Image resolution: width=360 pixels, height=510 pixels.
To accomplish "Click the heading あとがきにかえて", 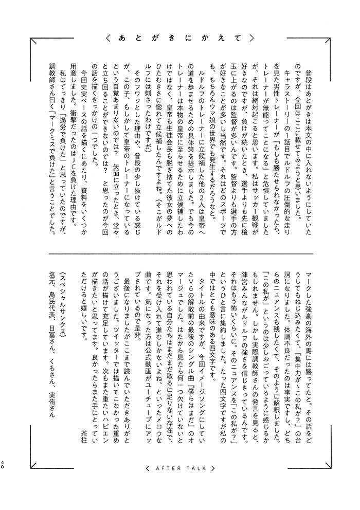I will tap(179, 38).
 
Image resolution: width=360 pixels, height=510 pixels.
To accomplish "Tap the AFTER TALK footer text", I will tap(179, 467).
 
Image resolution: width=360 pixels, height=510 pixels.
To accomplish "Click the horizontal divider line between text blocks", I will tap(179, 253).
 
